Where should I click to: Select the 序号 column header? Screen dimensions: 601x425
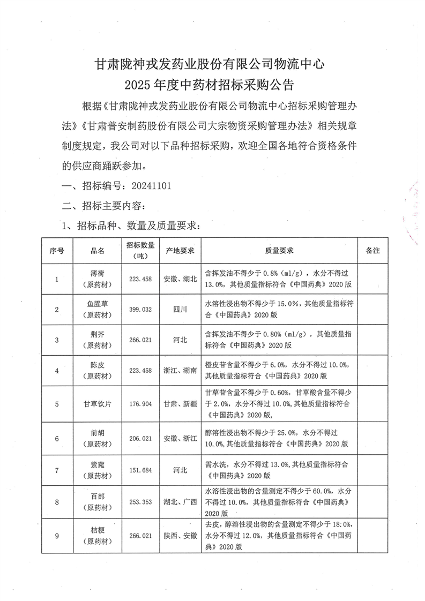pos(57,251)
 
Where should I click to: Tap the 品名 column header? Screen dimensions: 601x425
pos(98,251)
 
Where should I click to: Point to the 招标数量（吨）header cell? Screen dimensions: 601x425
pos(140,250)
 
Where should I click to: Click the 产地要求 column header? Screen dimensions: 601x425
pos(180,251)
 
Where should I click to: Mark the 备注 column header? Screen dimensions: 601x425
pos(372,251)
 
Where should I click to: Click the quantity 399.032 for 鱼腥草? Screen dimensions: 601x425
pos(140,309)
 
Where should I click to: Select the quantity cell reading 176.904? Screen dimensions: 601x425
pos(140,404)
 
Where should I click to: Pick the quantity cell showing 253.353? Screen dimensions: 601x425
pos(140,502)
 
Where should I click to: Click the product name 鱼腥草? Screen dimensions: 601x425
pos(98,304)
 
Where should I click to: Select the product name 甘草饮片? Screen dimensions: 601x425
pos(98,404)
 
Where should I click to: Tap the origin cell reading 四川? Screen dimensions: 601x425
pos(180,309)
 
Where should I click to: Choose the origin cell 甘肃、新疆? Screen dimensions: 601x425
pos(180,404)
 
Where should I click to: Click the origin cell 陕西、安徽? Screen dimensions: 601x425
pos(180,535)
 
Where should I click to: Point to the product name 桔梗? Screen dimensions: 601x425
pos(98,530)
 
